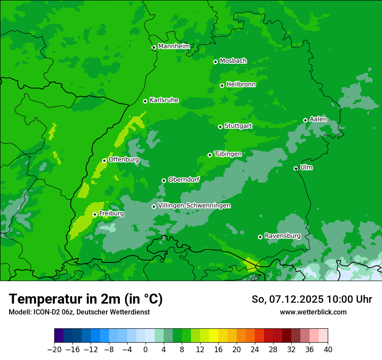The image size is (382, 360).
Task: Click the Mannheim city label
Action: [x=174, y=46]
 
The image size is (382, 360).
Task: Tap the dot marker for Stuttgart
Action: [x=220, y=127]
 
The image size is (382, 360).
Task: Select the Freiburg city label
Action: [x=112, y=213]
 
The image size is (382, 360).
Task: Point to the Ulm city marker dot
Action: [x=296, y=168]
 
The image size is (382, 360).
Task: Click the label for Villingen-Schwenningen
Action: [x=194, y=206]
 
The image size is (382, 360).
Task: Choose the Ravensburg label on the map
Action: [x=283, y=236]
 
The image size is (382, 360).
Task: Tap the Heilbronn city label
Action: [x=241, y=85]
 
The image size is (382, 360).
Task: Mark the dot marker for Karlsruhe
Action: [x=145, y=101]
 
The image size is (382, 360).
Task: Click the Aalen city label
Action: [x=318, y=119]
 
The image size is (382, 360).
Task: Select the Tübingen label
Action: [x=228, y=154]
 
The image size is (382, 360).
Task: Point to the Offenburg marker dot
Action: [x=104, y=160]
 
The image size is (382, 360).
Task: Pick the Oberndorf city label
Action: [x=184, y=180]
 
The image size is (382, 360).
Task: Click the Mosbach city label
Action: [x=233, y=61]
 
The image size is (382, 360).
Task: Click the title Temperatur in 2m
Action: [x=86, y=299]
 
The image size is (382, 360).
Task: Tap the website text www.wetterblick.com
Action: [x=313, y=312]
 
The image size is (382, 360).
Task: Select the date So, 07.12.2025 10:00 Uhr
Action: [x=312, y=299]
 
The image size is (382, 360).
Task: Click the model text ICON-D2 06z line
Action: [x=79, y=312]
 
